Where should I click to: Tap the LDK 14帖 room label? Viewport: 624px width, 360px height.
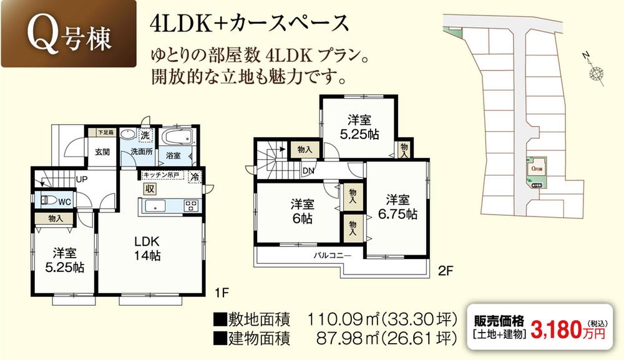(x=149, y=248)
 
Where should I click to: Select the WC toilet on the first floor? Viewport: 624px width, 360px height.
(x=50, y=201)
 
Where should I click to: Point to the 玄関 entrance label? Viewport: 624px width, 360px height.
(x=102, y=152)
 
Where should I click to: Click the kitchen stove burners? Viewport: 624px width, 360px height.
(x=191, y=206)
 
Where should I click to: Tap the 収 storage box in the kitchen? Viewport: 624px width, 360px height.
(x=150, y=189)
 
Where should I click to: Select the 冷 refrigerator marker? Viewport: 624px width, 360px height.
(x=195, y=177)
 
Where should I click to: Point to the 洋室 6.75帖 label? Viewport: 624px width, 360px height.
(x=397, y=207)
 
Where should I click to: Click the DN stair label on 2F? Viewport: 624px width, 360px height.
(x=308, y=170)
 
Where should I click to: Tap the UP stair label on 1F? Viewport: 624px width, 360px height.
(x=81, y=179)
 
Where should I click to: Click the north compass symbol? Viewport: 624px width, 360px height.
(x=596, y=72)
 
